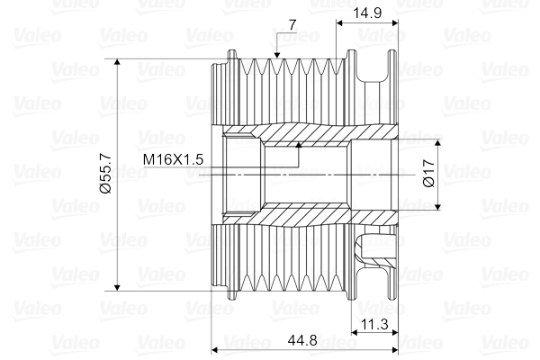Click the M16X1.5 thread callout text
174,159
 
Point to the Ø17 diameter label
428,174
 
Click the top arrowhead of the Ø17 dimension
439,143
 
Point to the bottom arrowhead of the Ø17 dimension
439,206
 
